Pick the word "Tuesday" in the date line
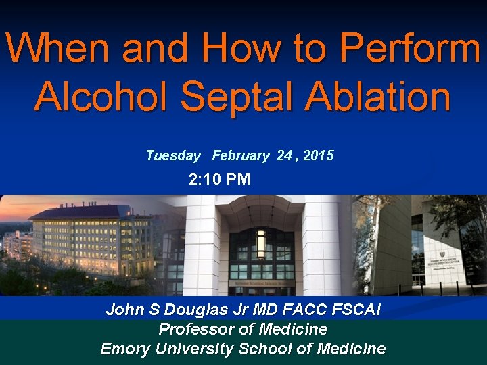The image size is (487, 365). coord(173,156)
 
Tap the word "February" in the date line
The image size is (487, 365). coord(240,156)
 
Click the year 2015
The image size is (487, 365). coord(319,156)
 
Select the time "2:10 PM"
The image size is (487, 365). coord(219,179)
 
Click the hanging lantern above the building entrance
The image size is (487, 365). coord(260,243)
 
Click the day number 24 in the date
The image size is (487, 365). coord(284,156)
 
